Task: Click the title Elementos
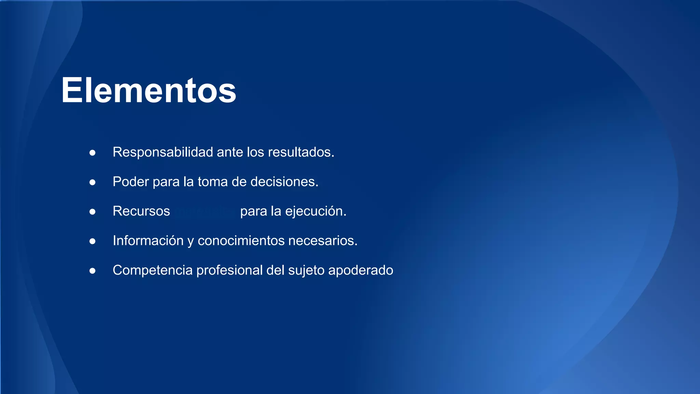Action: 149,90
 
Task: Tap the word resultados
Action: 301,152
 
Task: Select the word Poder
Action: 131,182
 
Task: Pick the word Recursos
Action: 141,211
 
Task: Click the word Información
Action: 148,240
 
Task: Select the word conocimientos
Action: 241,240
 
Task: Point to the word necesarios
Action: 323,240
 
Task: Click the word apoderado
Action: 361,270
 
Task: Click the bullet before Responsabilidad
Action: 92,153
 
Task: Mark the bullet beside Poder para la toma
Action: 92,182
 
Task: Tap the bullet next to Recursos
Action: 92,212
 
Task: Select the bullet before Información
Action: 92,241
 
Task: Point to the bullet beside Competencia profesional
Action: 92,271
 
